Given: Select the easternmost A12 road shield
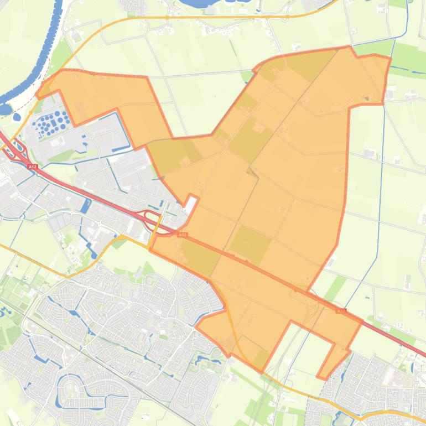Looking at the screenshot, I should point(341,311).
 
